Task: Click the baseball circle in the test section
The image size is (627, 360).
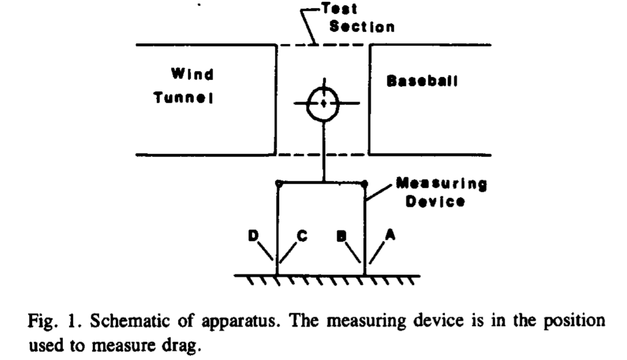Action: click(x=323, y=103)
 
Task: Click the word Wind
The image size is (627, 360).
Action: click(x=192, y=75)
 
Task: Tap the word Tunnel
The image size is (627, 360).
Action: click(x=183, y=98)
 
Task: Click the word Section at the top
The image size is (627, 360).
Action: click(x=362, y=27)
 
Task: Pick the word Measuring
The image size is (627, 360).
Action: click(x=442, y=185)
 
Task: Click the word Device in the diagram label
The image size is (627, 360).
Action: click(x=435, y=202)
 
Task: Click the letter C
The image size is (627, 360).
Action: click(x=303, y=236)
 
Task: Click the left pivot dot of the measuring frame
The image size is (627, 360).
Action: click(x=278, y=183)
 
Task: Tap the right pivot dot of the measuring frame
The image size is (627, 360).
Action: click(x=364, y=183)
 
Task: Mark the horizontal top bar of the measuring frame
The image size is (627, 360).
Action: click(x=301, y=183)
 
